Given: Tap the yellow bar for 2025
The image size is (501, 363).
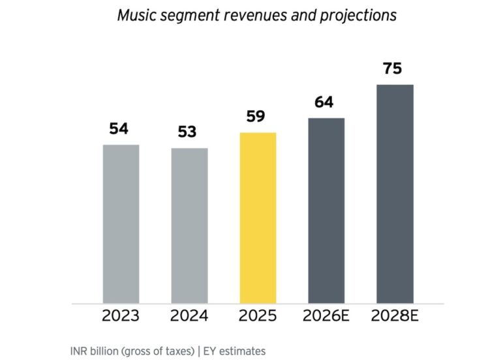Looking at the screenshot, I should click(258, 218).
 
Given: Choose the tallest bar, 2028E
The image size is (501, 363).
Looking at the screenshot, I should click(395, 194).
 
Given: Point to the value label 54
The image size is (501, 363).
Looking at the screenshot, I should click(119, 129).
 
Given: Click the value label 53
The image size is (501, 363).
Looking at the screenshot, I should click(187, 132).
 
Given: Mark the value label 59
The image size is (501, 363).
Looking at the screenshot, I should click(256, 117).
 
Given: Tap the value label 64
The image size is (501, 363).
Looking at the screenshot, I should click(324, 102).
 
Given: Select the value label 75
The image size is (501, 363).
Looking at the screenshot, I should click(393, 68).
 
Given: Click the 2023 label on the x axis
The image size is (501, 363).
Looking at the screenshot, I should click(121, 317).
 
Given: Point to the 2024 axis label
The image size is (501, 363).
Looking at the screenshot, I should click(189, 317).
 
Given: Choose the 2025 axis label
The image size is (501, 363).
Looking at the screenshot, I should click(258, 317).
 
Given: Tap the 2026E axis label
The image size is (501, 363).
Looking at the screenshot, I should click(327, 317).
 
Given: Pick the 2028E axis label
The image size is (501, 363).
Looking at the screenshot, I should click(395, 317).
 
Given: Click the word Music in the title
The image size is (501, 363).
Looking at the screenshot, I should click(135, 15).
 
